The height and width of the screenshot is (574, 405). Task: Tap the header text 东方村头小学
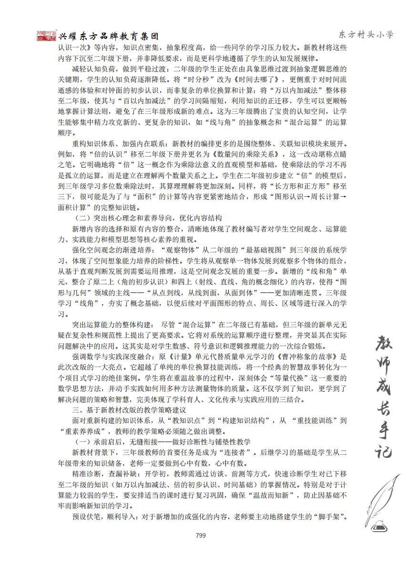pyautogui.click(x=366, y=34)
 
